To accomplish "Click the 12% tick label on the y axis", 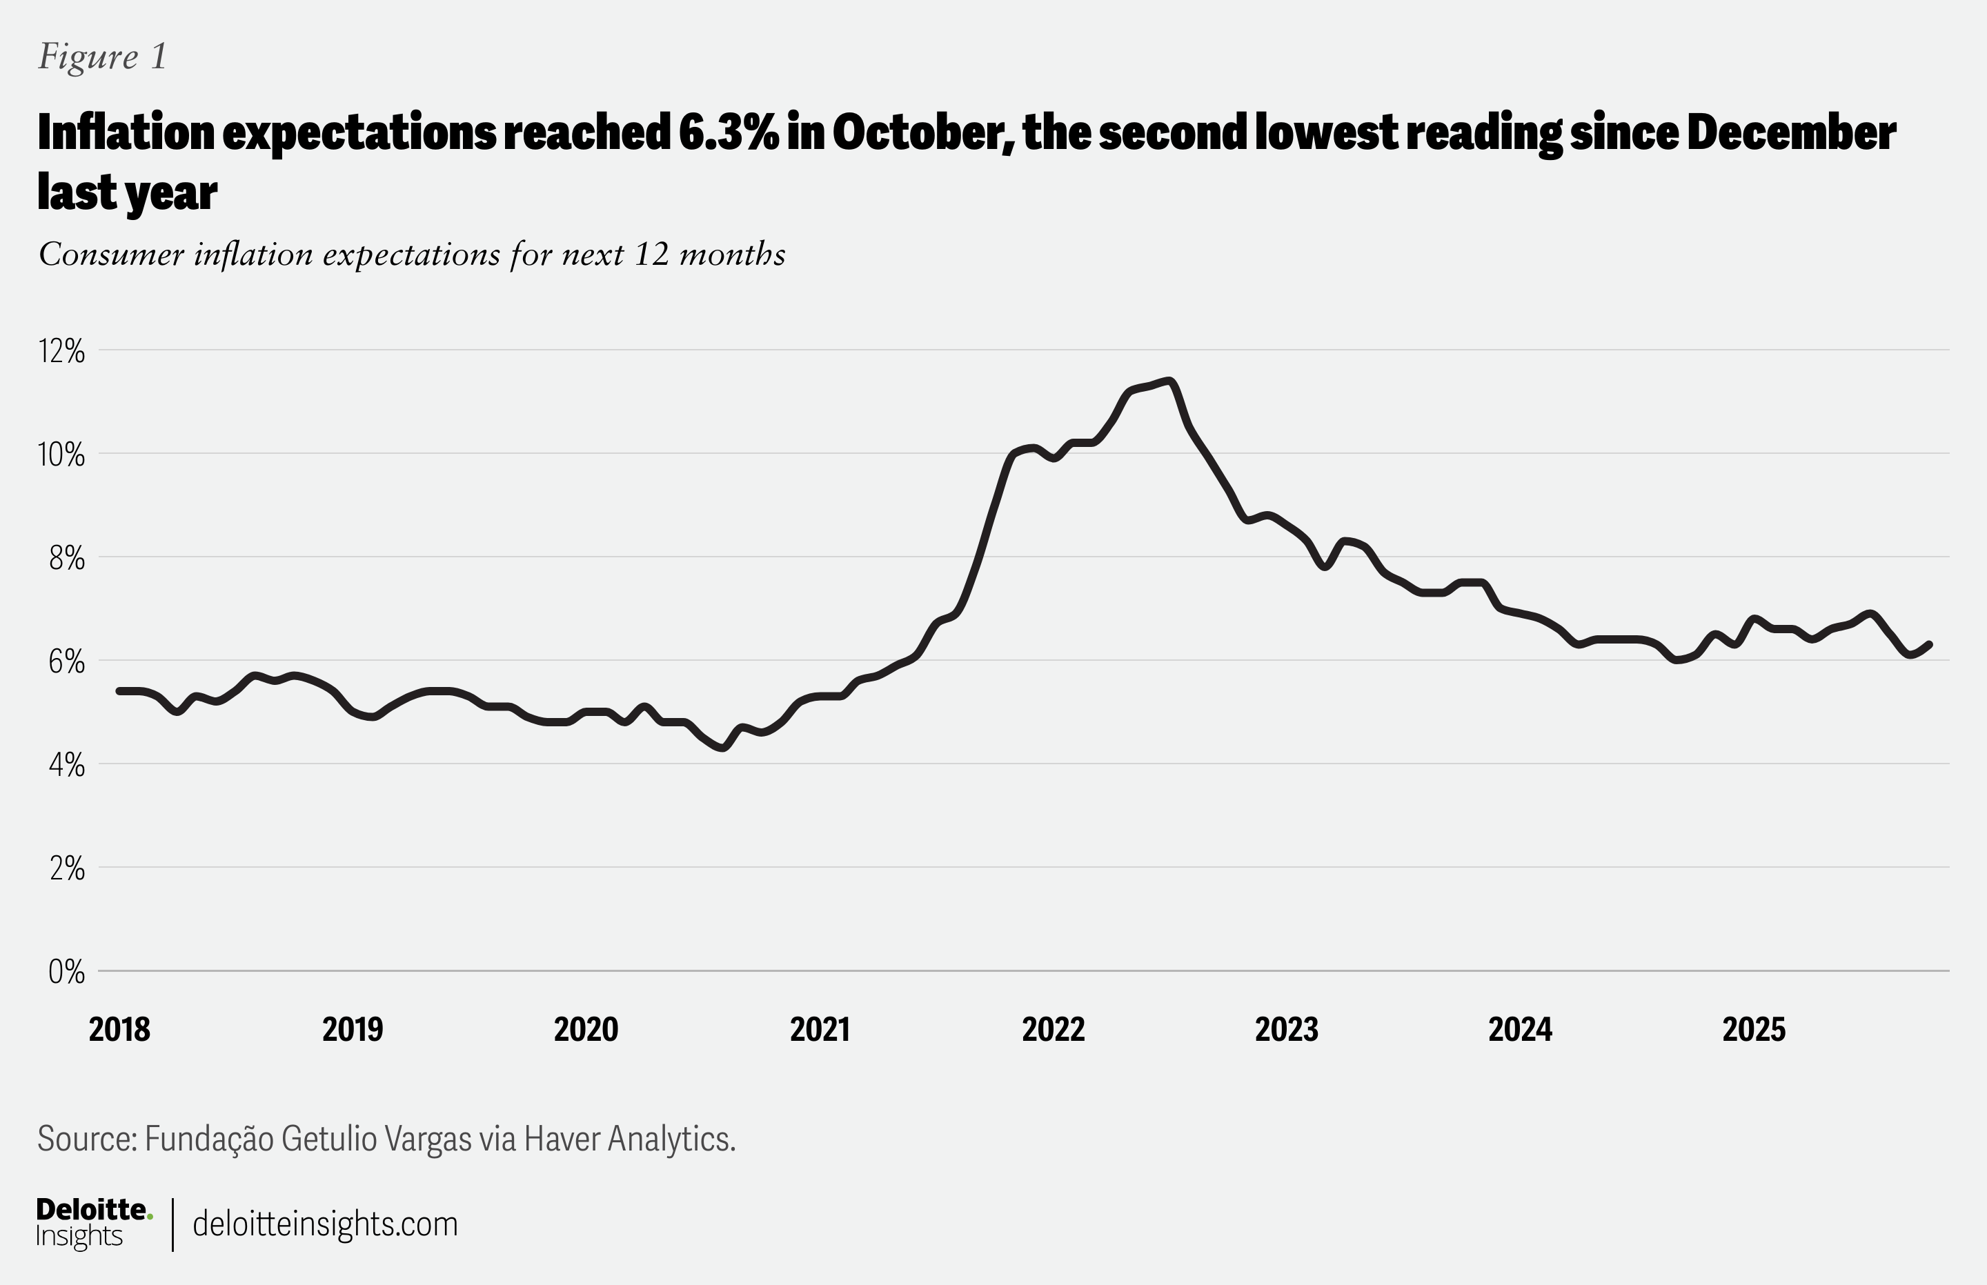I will click(61, 351).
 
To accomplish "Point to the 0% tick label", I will click(66, 971).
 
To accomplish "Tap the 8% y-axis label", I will click(66, 558).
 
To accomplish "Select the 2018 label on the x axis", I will click(119, 1029).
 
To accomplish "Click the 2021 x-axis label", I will click(820, 1029).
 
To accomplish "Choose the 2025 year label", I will click(1753, 1029).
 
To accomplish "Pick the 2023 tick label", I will click(1286, 1029).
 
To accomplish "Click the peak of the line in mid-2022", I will click(1171, 381).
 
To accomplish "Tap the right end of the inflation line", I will click(1930, 644).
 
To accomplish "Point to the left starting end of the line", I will click(119, 691).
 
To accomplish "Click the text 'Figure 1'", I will click(103, 57).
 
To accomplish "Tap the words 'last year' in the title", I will click(127, 192).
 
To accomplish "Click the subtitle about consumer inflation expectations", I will click(411, 255).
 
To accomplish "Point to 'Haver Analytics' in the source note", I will click(629, 1139).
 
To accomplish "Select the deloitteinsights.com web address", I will click(325, 1224).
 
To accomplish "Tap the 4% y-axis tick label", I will click(66, 765).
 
